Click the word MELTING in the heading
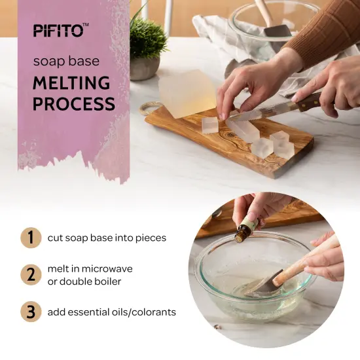[71, 84]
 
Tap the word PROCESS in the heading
[74, 103]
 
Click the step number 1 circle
[29, 238]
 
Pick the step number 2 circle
[29, 274]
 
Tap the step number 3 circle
[29, 312]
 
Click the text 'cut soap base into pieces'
[107, 238]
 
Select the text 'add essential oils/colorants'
[111, 312]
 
